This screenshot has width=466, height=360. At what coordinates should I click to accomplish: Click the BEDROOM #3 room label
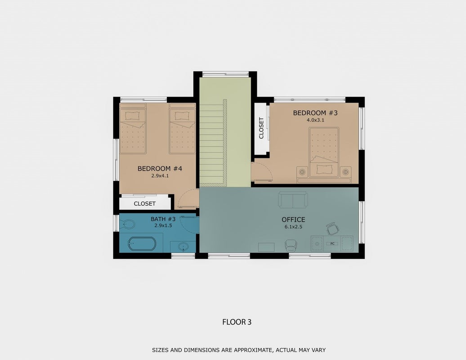(x=315, y=113)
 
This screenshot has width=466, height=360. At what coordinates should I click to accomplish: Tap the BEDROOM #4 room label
(x=160, y=169)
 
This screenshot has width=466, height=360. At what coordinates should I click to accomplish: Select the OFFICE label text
(x=293, y=220)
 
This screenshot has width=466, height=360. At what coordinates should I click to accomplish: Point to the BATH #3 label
(x=163, y=219)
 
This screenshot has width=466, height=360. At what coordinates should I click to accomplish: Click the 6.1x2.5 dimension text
(x=293, y=227)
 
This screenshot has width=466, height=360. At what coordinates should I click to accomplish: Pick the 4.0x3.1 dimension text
(x=315, y=120)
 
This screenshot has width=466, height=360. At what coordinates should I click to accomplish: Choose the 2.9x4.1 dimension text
(x=160, y=175)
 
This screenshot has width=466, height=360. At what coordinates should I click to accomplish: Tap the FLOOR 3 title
(x=237, y=322)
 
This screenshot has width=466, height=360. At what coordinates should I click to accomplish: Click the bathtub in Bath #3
(x=142, y=244)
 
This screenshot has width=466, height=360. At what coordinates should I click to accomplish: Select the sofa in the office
(x=293, y=199)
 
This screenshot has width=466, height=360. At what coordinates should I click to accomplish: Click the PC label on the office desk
(x=332, y=243)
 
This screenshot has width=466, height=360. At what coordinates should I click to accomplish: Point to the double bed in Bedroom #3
(x=324, y=152)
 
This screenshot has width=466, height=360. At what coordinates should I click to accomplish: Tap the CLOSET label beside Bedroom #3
(x=261, y=128)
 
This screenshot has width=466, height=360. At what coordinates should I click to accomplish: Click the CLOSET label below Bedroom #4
(x=145, y=204)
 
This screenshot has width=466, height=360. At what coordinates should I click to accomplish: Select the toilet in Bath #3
(x=128, y=224)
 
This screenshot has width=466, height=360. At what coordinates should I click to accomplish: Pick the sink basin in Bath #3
(x=183, y=247)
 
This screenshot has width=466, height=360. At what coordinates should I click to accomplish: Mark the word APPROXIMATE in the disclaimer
(x=252, y=350)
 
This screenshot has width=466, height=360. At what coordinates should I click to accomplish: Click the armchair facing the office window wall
(x=291, y=245)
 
